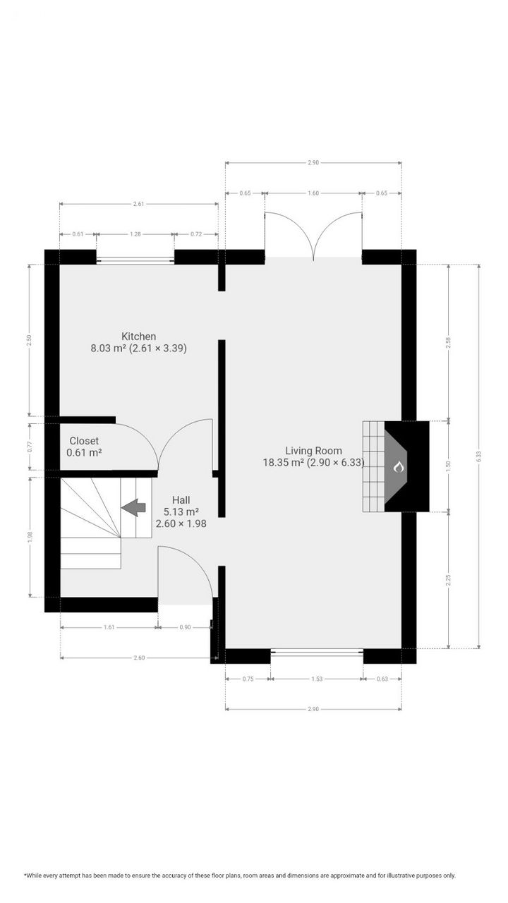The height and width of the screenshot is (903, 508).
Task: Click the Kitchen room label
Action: coord(138,337)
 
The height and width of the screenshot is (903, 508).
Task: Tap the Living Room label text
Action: coord(313,451)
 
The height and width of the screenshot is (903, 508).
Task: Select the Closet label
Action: coord(84,441)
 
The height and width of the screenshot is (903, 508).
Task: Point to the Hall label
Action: coord(181,500)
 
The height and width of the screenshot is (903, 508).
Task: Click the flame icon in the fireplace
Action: coord(398,466)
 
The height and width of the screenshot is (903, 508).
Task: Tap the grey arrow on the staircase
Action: coord(133,507)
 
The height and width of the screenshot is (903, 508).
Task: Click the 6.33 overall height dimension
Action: coord(479,456)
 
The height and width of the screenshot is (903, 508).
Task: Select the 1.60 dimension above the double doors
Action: coord(313,193)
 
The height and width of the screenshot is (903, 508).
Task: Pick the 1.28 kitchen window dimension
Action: coord(135,234)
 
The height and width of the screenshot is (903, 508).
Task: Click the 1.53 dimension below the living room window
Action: coord(317,679)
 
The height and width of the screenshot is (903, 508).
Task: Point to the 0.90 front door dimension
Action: coord(185,626)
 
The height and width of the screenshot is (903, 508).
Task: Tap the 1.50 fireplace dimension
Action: coord(448,466)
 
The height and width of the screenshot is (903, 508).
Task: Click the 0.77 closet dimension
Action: coord(29,447)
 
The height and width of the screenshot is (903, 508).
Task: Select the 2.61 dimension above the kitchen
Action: coord(138,204)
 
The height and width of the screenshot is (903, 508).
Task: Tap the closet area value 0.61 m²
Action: coord(84,453)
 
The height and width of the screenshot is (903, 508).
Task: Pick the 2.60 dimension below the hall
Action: coord(139,657)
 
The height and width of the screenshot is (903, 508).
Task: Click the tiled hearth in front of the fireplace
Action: coord(373,466)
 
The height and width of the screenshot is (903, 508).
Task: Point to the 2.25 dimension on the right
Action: coord(448,580)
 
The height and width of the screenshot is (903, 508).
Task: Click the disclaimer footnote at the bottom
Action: coord(240,875)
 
